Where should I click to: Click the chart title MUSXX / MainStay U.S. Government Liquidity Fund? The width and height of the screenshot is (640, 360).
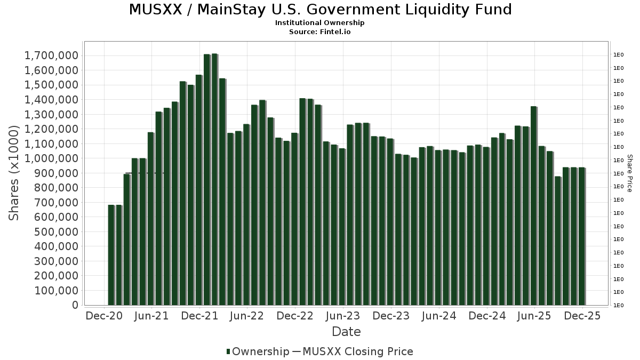tap(320, 10)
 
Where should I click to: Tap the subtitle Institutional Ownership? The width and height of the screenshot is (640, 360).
tap(320, 23)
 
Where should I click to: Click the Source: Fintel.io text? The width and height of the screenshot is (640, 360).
tap(320, 31)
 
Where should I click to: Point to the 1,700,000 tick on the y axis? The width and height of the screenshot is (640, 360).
tap(52, 55)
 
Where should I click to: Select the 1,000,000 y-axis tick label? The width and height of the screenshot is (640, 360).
tap(52, 158)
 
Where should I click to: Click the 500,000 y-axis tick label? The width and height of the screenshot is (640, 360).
tap(56, 232)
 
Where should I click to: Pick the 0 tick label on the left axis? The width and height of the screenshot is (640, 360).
tap(75, 305)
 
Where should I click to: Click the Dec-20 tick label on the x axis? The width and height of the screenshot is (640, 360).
tap(104, 316)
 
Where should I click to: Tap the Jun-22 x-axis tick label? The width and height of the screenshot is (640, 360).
tap(246, 316)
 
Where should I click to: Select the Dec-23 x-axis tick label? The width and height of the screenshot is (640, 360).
tap(391, 316)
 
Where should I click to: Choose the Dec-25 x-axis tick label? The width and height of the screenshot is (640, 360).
tap(582, 316)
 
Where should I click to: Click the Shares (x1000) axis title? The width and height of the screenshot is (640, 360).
tap(14, 173)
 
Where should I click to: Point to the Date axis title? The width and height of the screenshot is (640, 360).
tap(346, 332)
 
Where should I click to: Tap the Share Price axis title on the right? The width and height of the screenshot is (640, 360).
tap(629, 173)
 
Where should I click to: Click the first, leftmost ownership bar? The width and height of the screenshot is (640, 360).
tap(111, 255)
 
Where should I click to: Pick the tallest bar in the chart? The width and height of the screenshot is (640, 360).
tap(214, 179)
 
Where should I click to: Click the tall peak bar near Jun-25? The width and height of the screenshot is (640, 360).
tap(533, 206)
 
